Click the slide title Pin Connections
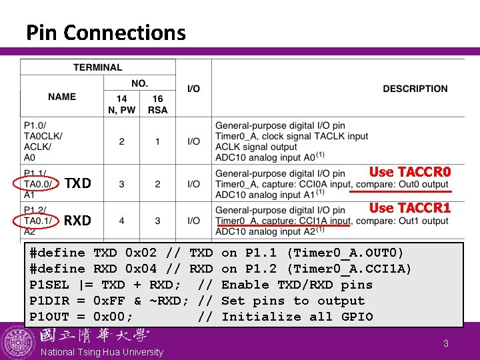tap(105, 32)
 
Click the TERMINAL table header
tap(97, 67)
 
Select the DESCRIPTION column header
tap(415, 89)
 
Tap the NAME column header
tap(62, 97)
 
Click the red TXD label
tap(77, 183)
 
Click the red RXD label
tap(77, 221)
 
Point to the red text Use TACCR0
tap(410, 171)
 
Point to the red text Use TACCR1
tap(410, 207)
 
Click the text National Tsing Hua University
tap(102, 351)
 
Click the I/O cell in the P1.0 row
tap(193, 141)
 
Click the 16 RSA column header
tap(157, 104)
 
